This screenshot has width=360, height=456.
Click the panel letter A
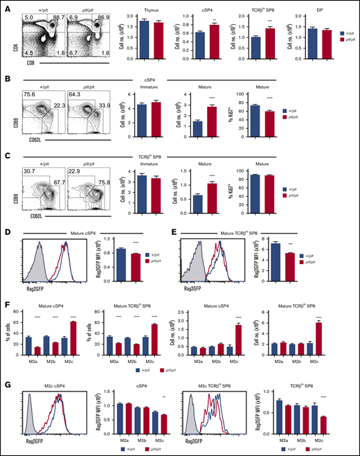click(5, 6)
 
